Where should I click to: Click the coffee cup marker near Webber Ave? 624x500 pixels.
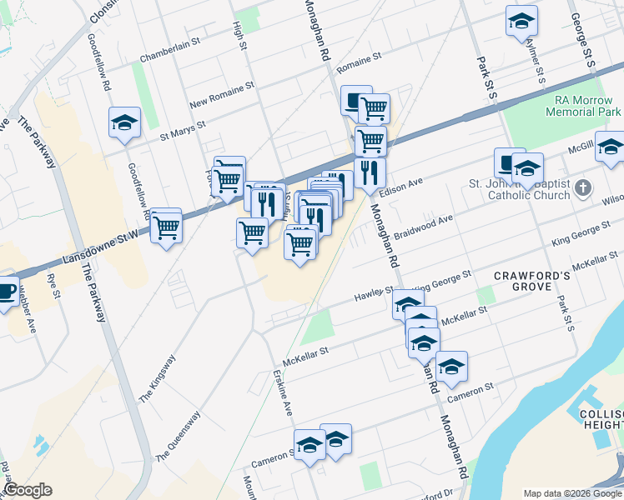pos(7,291)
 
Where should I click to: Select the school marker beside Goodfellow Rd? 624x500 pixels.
pos(124,122)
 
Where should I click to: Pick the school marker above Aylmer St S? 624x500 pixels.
pos(521,20)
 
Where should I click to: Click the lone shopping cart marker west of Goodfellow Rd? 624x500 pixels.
pos(166,225)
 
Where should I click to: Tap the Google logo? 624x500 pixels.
pos(28,490)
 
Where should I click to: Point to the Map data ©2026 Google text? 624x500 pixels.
pos(572,492)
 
